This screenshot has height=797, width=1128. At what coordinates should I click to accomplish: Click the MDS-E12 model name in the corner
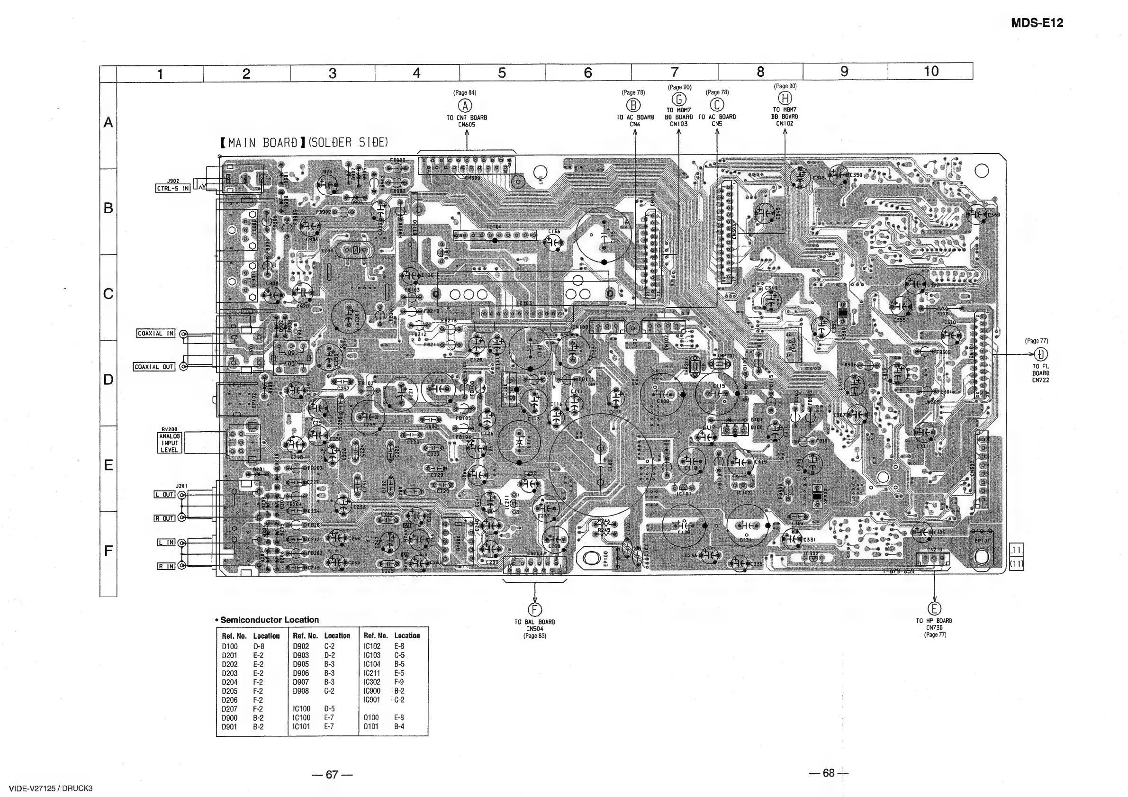click(1037, 23)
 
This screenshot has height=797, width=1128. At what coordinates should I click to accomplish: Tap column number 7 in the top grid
click(675, 72)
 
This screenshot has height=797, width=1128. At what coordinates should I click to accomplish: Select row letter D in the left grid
click(108, 380)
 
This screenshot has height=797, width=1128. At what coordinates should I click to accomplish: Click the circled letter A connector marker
click(465, 106)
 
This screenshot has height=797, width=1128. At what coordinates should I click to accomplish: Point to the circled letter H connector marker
click(785, 98)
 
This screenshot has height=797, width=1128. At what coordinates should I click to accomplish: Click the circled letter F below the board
click(534, 610)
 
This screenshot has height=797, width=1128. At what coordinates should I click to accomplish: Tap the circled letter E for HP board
click(934, 609)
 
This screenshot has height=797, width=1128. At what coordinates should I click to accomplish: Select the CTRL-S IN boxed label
click(173, 189)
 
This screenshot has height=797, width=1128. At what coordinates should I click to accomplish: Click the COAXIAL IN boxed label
click(156, 334)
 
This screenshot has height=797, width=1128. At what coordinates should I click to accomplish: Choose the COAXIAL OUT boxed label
click(154, 367)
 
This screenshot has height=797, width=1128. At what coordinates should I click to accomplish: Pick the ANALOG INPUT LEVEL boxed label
click(170, 443)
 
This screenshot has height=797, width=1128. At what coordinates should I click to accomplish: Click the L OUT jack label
click(164, 494)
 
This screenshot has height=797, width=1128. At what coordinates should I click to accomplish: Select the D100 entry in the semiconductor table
click(229, 647)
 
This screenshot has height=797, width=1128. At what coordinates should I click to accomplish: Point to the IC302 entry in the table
click(372, 682)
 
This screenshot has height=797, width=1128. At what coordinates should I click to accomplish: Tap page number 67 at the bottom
click(332, 775)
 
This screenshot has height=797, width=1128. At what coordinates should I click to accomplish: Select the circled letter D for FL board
click(1040, 354)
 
